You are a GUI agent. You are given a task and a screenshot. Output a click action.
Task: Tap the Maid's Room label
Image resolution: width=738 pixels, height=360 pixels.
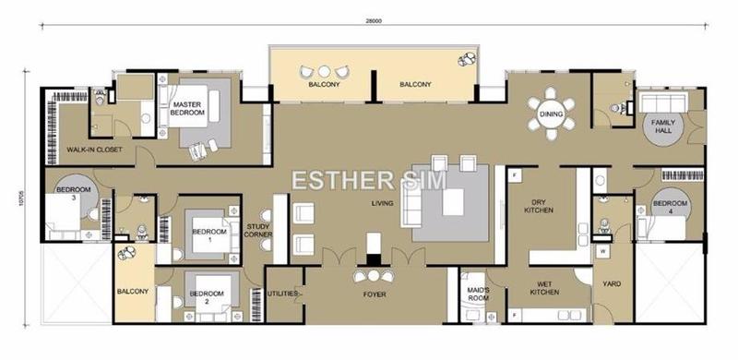pos(479,295)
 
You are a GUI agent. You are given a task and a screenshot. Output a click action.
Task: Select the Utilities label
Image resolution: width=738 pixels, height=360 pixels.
pos(281,294)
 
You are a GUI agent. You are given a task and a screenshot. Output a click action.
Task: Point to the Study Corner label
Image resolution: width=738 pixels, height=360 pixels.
pos(257,232)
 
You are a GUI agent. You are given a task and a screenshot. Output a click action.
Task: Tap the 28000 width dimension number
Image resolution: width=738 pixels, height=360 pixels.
pos(373,20)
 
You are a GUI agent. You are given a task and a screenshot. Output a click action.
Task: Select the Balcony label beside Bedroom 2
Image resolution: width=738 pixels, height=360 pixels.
pos(133,292)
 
